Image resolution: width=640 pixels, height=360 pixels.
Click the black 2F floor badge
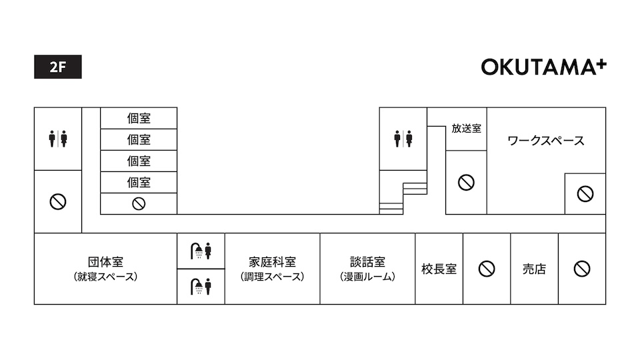(x=58, y=67)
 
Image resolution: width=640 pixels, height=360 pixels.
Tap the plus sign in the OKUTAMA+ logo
(x=602, y=65)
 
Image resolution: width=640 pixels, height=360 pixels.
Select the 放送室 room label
(x=466, y=129)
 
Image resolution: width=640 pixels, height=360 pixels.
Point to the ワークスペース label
(x=546, y=141)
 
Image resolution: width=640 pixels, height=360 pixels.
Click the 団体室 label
(x=105, y=261)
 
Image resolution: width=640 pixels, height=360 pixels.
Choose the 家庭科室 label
(x=272, y=261)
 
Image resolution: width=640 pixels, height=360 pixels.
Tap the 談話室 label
(x=367, y=261)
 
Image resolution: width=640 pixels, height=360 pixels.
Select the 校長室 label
(x=439, y=269)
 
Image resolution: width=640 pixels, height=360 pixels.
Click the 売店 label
(x=534, y=269)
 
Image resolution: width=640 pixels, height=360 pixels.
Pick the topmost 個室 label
(x=139, y=119)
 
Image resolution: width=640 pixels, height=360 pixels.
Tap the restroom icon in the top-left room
(x=58, y=139)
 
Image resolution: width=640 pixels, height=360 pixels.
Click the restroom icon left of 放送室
(x=403, y=139)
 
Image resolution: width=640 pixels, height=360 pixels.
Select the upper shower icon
(x=201, y=251)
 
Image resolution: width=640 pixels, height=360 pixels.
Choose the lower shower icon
(x=201, y=287)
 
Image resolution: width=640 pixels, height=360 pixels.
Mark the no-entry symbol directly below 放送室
(x=466, y=183)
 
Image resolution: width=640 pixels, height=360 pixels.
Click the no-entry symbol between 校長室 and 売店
(x=487, y=269)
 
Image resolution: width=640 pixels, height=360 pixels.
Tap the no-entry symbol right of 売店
(x=582, y=269)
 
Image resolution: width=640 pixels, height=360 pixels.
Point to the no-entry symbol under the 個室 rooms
(x=139, y=204)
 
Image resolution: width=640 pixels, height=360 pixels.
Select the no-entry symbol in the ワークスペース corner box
(x=585, y=194)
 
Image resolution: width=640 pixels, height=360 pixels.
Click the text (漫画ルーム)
(x=367, y=277)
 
